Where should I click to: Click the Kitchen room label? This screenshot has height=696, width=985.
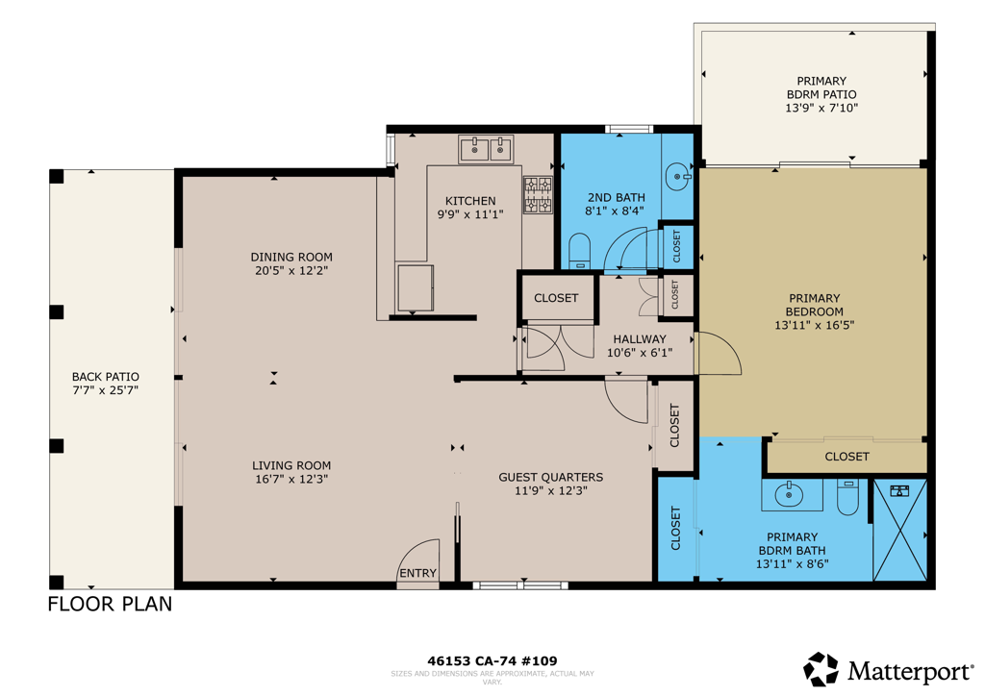point(470,201)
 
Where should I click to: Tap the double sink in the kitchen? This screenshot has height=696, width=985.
point(486,149)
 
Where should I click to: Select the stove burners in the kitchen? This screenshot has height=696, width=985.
point(538,194)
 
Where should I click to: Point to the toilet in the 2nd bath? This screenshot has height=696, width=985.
point(580,251)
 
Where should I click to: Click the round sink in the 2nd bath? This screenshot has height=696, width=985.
point(678,177)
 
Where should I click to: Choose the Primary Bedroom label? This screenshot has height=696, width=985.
point(814,305)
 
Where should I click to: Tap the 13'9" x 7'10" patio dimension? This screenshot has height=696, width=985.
point(821,108)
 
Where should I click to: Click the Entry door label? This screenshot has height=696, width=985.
point(417,573)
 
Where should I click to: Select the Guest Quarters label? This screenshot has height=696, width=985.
point(551,477)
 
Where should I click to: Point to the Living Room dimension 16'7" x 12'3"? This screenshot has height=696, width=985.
point(291,479)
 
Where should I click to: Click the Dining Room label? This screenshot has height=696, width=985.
point(291,257)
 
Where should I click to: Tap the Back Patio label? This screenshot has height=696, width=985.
point(106,377)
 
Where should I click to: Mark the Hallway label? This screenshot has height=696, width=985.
point(640,339)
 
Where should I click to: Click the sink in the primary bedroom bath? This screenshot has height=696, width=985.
point(790,495)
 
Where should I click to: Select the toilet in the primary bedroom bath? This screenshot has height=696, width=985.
point(847,497)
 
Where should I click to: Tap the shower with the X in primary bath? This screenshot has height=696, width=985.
point(900,530)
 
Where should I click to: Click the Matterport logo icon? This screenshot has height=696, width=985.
point(821,669)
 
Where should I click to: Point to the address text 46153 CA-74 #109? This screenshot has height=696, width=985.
point(492,660)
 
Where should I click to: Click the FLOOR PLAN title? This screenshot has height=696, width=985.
point(110,604)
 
